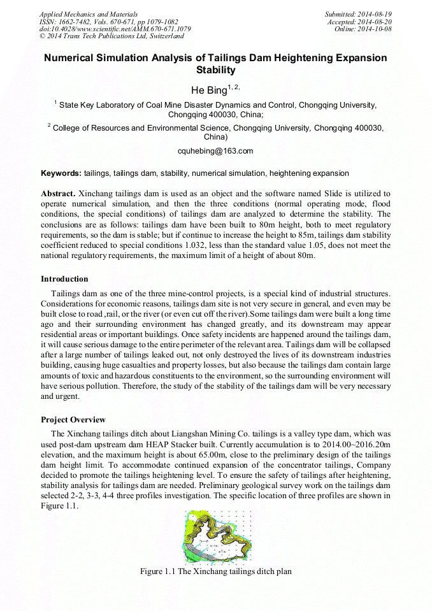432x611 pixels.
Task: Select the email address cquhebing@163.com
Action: point(215,151)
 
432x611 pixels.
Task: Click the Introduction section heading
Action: point(64,279)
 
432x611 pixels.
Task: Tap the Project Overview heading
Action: point(73,420)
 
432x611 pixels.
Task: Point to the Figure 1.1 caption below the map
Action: point(215,571)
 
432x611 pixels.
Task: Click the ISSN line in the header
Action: point(108,22)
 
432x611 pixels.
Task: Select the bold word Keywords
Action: point(61,173)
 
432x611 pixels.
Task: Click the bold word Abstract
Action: point(58,193)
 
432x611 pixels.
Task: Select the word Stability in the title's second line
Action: point(215,70)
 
